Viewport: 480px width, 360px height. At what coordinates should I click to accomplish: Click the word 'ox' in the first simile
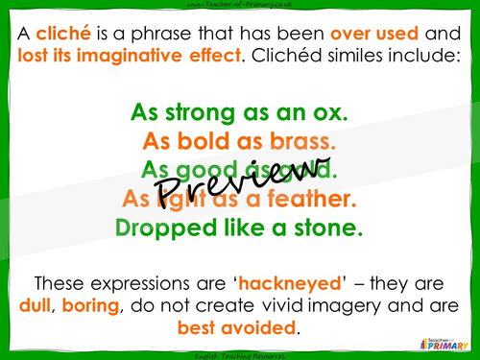[x=332, y=113]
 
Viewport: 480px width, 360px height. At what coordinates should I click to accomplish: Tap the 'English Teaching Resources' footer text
[x=239, y=354]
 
